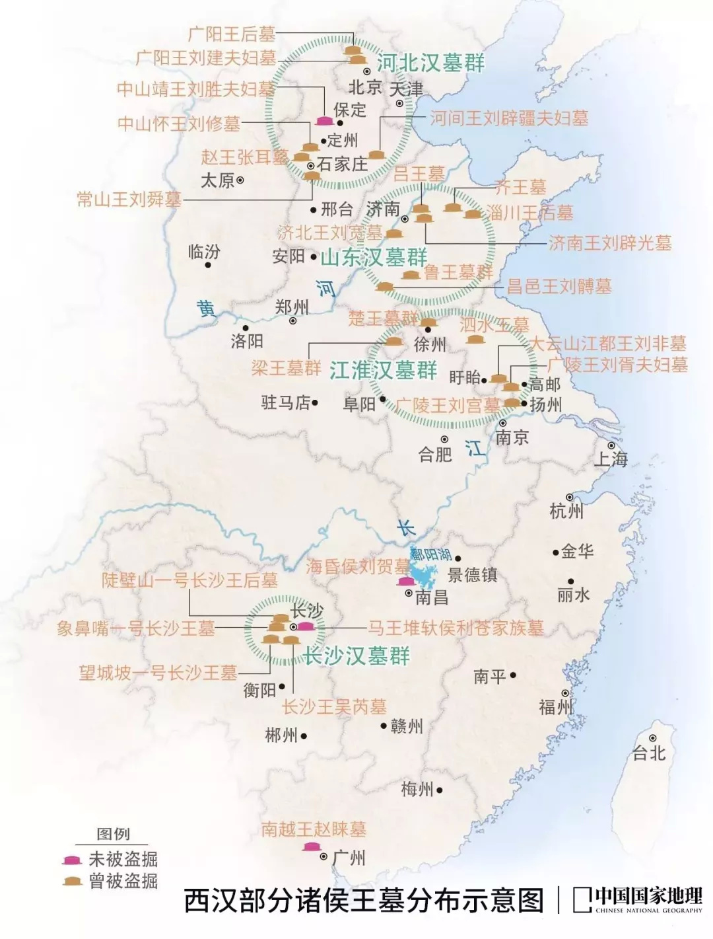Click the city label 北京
tap(365, 87)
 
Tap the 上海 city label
tap(611, 458)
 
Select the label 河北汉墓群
tap(430, 63)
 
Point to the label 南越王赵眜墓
tap(314, 829)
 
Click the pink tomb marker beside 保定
tap(324, 120)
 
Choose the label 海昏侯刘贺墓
tap(358, 566)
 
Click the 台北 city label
tap(649, 753)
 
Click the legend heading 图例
tap(113, 833)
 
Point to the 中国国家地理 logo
tap(637, 899)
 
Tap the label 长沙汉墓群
tap(356, 656)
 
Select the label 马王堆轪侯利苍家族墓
tap(456, 628)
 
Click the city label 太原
tap(217, 180)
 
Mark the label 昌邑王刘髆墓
tap(559, 286)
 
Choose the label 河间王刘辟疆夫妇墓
tap(509, 118)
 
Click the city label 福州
tap(555, 706)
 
